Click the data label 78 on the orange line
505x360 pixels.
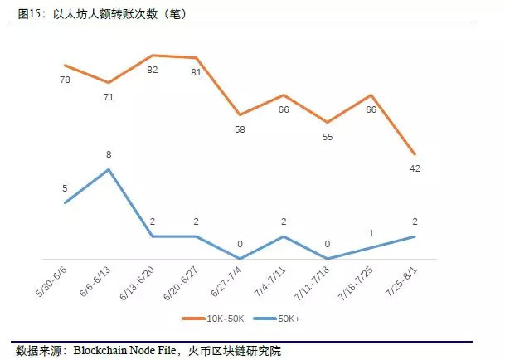65,79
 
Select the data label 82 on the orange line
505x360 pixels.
152,71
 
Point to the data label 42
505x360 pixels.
414,169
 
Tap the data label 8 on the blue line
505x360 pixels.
109,154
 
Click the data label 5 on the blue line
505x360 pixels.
65,188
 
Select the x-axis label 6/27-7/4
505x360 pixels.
226,281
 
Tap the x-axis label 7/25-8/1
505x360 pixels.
401,281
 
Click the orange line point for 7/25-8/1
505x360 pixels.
415,155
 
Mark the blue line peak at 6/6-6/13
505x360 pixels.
109,169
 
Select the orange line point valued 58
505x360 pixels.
240,114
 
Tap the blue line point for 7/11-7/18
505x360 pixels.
328,259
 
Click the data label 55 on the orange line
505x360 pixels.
327,137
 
